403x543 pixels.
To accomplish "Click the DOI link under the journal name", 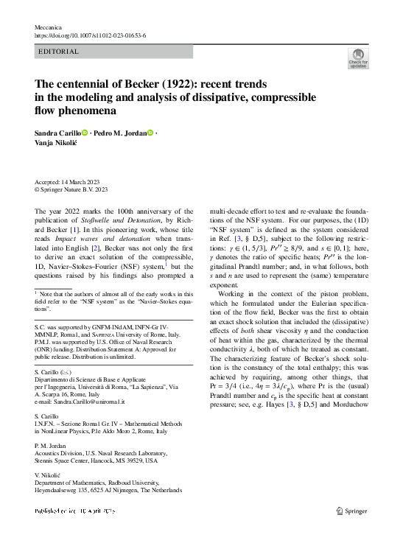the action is click(91, 35).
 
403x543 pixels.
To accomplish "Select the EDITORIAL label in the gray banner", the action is click(59, 52).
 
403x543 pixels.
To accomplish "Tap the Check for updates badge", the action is click(358, 59).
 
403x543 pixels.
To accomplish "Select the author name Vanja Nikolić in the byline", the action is click(58, 144).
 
